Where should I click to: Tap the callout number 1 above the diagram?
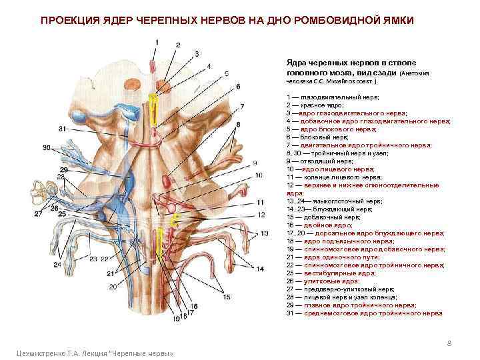tap(158, 42)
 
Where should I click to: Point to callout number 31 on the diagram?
tap(63, 128)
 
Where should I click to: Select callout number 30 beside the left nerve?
tap(47, 147)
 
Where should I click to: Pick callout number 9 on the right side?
tap(254, 162)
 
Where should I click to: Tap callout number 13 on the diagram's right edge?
tap(264, 233)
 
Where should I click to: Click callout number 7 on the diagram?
tap(242, 105)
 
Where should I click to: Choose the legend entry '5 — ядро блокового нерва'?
tap(327, 129)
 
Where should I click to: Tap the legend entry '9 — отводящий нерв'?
tap(315, 161)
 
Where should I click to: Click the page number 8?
tap(449, 343)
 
